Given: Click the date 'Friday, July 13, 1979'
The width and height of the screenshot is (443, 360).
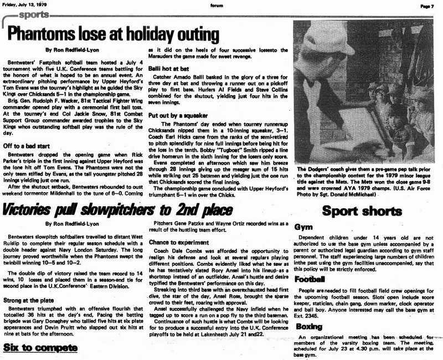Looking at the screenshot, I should [x=24, y=5].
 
